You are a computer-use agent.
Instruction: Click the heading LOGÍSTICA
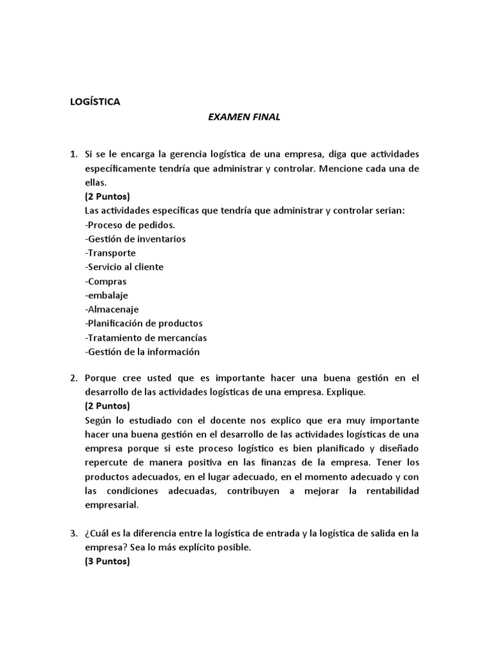click(94, 101)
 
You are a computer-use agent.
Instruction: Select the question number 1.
click(73, 154)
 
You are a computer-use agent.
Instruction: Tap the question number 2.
click(73, 378)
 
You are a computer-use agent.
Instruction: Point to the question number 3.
click(73, 534)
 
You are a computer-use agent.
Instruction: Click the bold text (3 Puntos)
click(107, 562)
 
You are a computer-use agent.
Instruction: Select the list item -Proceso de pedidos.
click(130, 225)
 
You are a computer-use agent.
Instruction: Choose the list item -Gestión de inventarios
click(135, 239)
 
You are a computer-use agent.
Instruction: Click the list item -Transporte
click(110, 253)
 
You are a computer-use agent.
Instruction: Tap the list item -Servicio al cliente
click(124, 267)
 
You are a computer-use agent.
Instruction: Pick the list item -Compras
click(105, 281)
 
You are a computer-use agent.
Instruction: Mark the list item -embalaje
click(106, 295)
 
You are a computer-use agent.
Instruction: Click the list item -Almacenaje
click(112, 309)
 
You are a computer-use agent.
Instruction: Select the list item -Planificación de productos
click(144, 323)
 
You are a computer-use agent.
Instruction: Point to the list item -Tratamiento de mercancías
click(145, 337)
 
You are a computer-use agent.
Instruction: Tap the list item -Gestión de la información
click(142, 351)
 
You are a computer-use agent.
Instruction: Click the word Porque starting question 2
click(101, 378)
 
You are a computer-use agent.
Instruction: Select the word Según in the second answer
click(98, 421)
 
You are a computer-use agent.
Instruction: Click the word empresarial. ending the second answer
click(111, 505)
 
